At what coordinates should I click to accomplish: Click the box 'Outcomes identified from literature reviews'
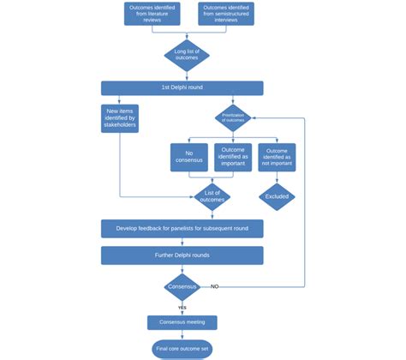pyautogui.click(x=147, y=15)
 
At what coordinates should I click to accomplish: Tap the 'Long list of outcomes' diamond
pyautogui.click(x=186, y=55)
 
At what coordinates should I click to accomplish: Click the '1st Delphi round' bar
pyautogui.click(x=182, y=87)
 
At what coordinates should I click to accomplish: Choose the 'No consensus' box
pyautogui.click(x=188, y=158)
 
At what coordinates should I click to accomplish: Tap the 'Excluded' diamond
pyautogui.click(x=277, y=196)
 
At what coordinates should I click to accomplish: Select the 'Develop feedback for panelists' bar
pyautogui.click(x=182, y=229)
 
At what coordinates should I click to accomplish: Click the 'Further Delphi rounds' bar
pyautogui.click(x=182, y=255)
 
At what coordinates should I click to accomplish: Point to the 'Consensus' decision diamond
pyautogui.click(x=182, y=286)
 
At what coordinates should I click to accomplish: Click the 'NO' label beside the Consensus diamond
pyautogui.click(x=215, y=286)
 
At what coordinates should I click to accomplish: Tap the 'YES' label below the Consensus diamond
pyautogui.click(x=182, y=307)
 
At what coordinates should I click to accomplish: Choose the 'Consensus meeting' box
pyautogui.click(x=182, y=322)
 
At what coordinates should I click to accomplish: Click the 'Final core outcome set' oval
pyautogui.click(x=182, y=349)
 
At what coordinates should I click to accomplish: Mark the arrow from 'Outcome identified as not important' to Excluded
pyautogui.click(x=277, y=177)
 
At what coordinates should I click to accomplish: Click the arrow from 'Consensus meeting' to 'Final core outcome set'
pyautogui.click(x=182, y=334)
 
